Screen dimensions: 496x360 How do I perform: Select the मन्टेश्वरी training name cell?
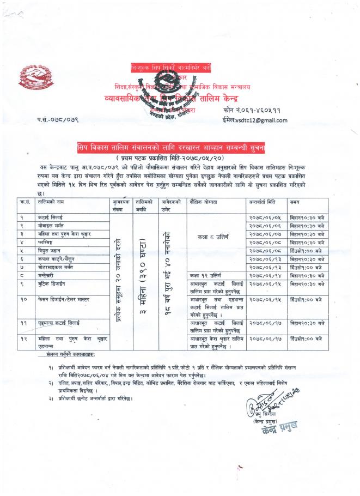pyautogui.click(x=46, y=275)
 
